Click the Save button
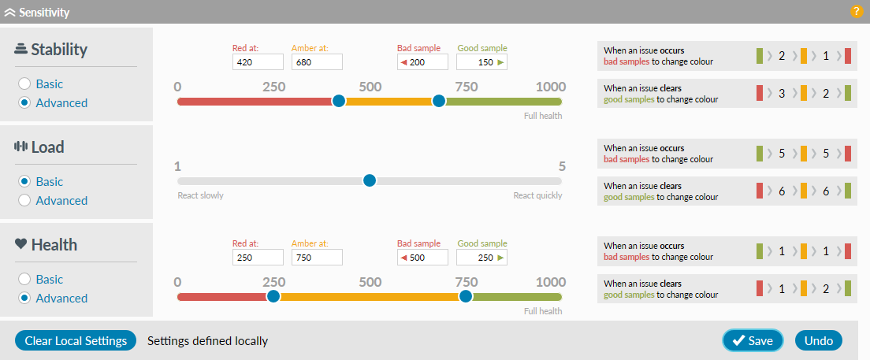coord(753,340)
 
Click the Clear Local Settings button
coord(76,340)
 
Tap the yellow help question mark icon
coord(857,12)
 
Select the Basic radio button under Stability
coord(24,84)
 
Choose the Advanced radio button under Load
coord(24,200)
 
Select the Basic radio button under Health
coord(24,279)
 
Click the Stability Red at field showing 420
coord(258,62)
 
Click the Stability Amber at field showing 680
coord(317,62)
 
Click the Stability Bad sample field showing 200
coord(422,62)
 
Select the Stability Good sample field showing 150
coord(481,62)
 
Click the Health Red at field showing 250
coord(258,258)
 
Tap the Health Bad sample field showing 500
coord(422,258)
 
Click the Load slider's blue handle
coord(370,180)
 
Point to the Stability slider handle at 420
coord(339,101)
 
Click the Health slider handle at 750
coord(466,296)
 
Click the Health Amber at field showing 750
coord(317,258)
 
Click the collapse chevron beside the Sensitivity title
coord(10,13)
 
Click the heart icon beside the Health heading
coord(21,244)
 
